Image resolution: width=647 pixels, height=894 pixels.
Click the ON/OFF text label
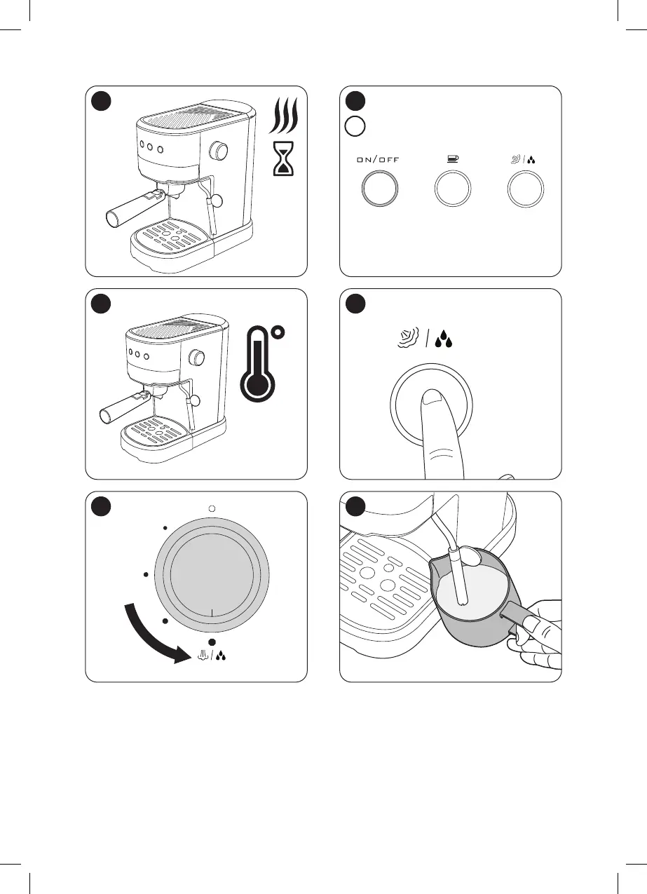(x=379, y=160)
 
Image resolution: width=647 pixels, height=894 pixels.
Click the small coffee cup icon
(x=453, y=159)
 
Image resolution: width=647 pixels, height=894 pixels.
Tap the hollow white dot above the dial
(x=211, y=508)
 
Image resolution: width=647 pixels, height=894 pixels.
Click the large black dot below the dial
(x=211, y=642)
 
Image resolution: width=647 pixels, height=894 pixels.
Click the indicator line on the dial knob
(x=211, y=611)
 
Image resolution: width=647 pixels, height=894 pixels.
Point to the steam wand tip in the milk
(x=461, y=599)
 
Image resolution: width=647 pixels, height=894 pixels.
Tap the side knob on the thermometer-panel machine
(x=198, y=358)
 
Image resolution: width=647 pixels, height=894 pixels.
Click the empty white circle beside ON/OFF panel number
(x=355, y=127)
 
